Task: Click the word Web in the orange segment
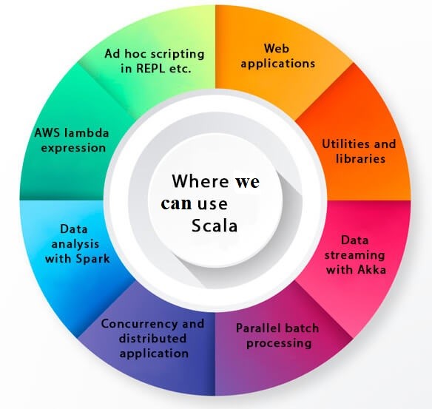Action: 277,48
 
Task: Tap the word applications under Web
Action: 278,64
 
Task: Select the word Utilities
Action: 342,143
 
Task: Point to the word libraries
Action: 360,158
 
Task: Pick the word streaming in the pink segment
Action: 354,255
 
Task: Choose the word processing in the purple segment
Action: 279,343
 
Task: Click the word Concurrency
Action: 139,324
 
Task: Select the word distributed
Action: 152,338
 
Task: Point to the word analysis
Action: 75,244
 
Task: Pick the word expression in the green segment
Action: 73,148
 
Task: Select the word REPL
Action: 150,68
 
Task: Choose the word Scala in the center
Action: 215,226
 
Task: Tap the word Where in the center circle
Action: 200,181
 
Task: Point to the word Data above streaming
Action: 354,240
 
